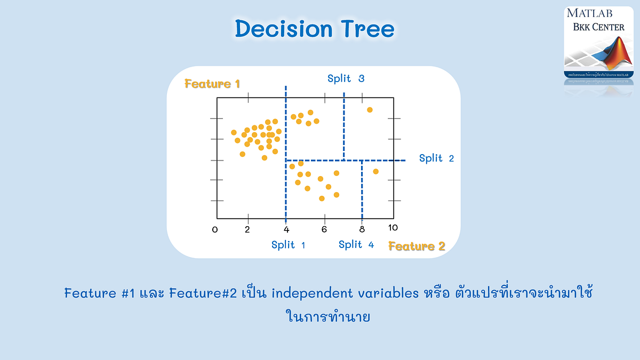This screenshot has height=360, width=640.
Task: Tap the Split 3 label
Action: pos(346,78)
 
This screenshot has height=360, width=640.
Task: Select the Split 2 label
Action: pos(436,158)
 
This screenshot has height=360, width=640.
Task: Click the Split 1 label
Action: pos(288,245)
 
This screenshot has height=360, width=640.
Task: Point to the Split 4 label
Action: pos(356,245)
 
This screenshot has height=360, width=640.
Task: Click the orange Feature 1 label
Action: pos(212,84)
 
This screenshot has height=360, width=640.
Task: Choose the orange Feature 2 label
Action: pos(417,246)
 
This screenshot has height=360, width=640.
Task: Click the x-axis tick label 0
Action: pos(215,229)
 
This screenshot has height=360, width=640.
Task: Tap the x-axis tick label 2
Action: pos(247,229)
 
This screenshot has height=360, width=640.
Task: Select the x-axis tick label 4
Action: pos(286,229)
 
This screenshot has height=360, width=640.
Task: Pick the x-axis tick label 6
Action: pos(324,229)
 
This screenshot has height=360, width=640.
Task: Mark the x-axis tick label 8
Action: pos(362,229)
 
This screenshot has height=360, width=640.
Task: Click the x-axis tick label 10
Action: pos(393,228)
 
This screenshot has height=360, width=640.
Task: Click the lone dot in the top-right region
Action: pos(370,110)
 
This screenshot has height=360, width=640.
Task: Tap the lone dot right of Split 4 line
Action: pos(375,171)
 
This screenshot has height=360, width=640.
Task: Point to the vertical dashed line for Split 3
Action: pos(344,128)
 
